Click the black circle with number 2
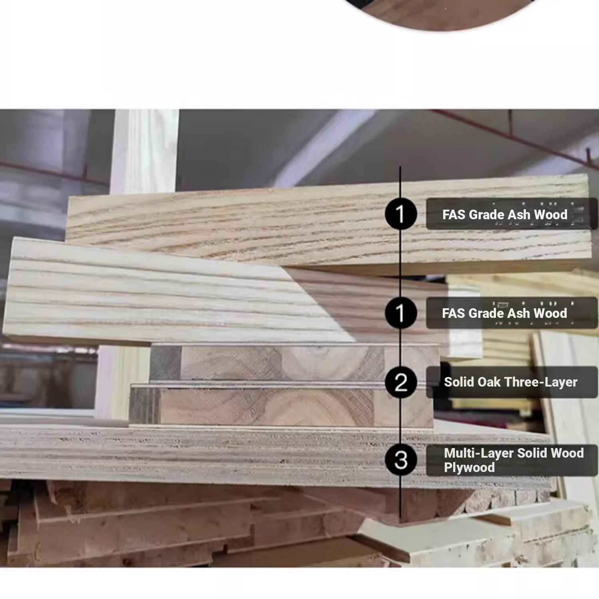[x=401, y=382]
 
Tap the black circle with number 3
[x=401, y=460]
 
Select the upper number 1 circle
[x=401, y=214]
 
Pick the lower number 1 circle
[x=401, y=313]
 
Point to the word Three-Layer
[x=541, y=383]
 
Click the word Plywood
[x=469, y=468]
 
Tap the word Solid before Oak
[x=459, y=382]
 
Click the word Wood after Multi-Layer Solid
[x=567, y=453]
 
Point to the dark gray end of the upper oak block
[x=165, y=362]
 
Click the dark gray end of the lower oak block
[x=145, y=406]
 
